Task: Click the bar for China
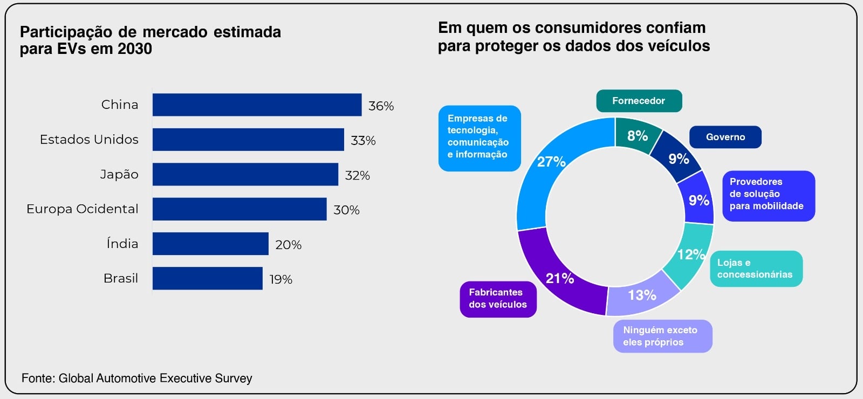[257, 105]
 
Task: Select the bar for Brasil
[207, 278]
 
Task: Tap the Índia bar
[210, 244]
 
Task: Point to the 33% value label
[363, 140]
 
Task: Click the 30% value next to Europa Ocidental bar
[346, 210]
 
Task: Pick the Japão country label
[119, 174]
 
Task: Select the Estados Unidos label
[89, 139]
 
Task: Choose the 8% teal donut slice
[637, 135]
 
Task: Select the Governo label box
[725, 137]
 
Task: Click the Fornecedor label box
[639, 101]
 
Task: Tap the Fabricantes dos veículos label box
[498, 299]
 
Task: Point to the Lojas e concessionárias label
[756, 269]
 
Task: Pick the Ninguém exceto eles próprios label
[662, 336]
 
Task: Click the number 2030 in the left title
[135, 49]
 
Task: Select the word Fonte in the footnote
[37, 378]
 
